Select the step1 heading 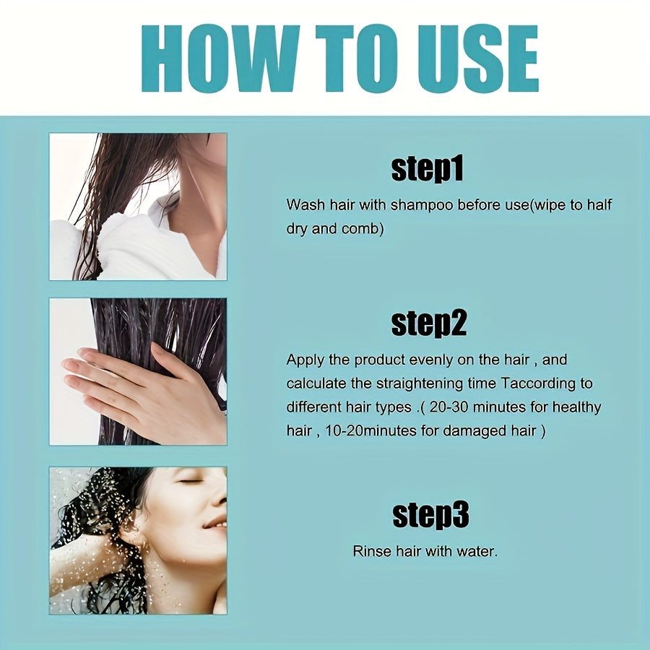click(x=427, y=170)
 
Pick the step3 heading click(x=430, y=515)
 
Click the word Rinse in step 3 click(x=372, y=552)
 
